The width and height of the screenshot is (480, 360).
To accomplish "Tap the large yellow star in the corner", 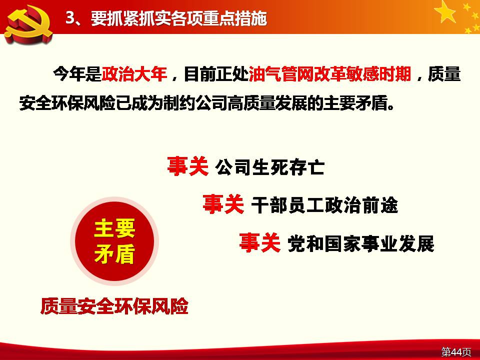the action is point(445,11).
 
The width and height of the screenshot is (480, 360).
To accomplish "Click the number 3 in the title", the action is point(70,18).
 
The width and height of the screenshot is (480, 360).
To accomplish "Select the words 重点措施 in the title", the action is point(235,18).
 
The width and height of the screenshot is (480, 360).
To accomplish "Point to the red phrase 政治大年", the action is point(134,74).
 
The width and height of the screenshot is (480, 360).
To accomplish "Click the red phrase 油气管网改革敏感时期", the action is point(329,74).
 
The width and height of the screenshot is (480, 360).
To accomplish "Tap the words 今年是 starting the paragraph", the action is point(77,74).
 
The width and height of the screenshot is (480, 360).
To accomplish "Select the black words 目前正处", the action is point(216,74).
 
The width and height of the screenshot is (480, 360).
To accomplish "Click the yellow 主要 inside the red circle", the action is point(114,228).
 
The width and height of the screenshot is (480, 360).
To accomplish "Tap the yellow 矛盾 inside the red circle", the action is point(114,254).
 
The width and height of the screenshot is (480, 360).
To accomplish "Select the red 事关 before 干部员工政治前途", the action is point(223,204).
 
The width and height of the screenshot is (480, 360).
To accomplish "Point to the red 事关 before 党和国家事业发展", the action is point(259,242).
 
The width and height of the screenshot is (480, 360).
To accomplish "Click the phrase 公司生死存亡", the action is point(269,167).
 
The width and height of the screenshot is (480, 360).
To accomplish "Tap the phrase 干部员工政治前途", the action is point(324,205).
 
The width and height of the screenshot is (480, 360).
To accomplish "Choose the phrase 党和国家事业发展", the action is point(361,243).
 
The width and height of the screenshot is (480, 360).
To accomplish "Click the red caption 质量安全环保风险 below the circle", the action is point(114,306).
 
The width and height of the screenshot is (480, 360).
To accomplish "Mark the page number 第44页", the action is point(456,351).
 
